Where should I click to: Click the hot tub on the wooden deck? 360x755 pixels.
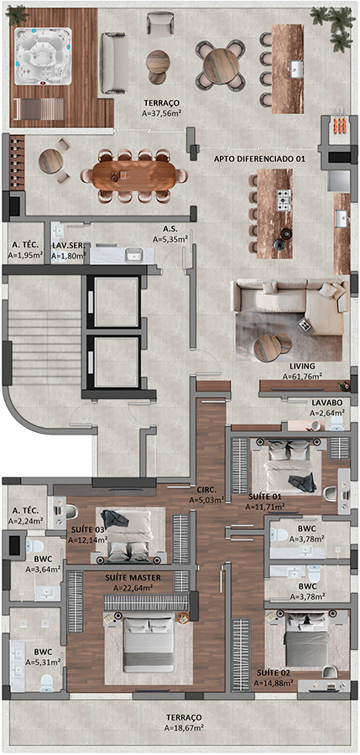[43, 56]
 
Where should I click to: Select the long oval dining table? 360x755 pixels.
[128, 175]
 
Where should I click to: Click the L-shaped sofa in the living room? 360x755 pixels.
[290, 305]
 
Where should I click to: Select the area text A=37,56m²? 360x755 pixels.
[162, 113]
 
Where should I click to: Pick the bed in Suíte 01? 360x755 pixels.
[290, 466]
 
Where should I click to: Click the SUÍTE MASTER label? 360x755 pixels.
[133, 577]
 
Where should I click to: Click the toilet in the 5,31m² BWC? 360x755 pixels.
[47, 681]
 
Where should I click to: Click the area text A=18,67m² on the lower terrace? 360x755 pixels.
[184, 727]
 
